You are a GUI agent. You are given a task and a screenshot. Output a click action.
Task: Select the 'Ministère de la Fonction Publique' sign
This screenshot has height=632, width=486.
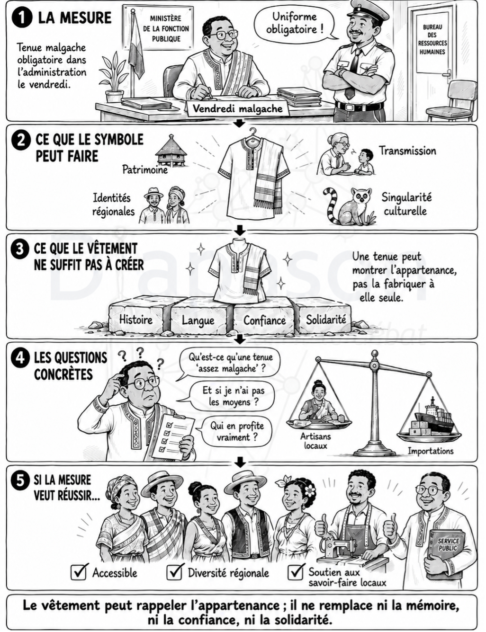[x=166, y=28]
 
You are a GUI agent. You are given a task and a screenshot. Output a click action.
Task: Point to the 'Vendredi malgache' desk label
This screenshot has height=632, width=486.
[x=237, y=109]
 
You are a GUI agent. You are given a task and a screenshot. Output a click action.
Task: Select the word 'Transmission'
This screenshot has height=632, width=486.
[x=407, y=151]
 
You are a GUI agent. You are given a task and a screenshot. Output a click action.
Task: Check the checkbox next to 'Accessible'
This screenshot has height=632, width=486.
[x=79, y=571]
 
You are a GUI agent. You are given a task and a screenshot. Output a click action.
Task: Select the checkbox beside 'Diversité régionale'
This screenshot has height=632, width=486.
[x=175, y=571]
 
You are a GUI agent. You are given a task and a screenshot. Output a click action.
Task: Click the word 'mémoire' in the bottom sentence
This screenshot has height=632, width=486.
[x=428, y=606]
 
